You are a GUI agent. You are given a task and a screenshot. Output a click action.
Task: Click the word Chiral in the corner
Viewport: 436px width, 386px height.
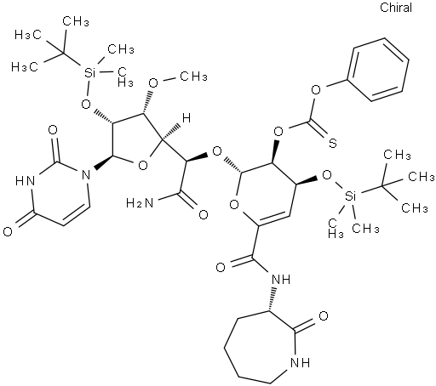pyautogui.click(x=396, y=8)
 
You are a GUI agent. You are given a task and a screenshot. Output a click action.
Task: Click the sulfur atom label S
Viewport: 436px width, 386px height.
pyautogui.click(x=333, y=143)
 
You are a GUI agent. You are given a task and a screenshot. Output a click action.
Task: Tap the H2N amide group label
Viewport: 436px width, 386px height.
pyautogui.click(x=140, y=203)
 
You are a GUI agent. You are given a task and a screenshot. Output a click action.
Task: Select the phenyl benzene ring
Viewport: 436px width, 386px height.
pyautogui.click(x=377, y=70)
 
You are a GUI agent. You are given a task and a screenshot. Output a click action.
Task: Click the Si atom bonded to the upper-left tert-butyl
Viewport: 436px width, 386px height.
pyautogui.click(x=89, y=73)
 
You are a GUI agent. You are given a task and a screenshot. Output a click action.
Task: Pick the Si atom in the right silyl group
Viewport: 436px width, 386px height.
pyautogui.click(x=350, y=196)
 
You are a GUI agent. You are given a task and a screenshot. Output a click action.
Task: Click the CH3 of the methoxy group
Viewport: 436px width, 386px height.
pyautogui.click(x=194, y=76)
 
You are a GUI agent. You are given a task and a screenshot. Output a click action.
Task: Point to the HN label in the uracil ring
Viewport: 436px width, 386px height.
pyautogui.click(x=25, y=180)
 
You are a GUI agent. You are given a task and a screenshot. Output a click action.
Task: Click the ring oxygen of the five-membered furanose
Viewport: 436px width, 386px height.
pyautogui.click(x=143, y=165)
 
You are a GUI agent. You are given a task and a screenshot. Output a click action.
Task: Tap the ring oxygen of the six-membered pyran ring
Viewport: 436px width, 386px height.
pyautogui.click(x=234, y=204)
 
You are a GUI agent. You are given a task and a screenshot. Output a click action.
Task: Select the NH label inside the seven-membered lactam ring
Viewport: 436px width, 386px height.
pyautogui.click(x=301, y=362)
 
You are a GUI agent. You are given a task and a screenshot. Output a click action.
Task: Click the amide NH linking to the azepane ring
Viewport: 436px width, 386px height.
pyautogui.click(x=281, y=280)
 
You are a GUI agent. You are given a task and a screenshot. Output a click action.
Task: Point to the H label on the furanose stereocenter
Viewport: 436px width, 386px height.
pyautogui.click(x=186, y=118)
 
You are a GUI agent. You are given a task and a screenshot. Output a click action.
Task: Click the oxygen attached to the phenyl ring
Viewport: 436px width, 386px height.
pyautogui.click(x=315, y=90)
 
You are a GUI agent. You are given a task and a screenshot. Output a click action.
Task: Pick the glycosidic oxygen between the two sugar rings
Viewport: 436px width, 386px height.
pyautogui.click(x=217, y=151)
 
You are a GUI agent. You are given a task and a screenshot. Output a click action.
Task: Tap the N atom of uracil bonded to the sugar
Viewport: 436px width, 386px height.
pyautogui.click(x=85, y=175)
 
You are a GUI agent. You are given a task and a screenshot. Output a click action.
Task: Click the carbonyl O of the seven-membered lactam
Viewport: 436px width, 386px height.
pyautogui.click(x=324, y=315)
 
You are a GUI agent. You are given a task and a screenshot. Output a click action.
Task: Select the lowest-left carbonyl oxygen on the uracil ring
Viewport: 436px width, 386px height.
pyautogui.click(x=8, y=232)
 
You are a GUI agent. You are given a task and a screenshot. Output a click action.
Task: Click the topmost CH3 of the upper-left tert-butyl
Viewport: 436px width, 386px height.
pyautogui.click(x=76, y=21)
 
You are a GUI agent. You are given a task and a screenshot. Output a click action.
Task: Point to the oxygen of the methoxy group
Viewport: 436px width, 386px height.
pyautogui.click(x=153, y=82)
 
